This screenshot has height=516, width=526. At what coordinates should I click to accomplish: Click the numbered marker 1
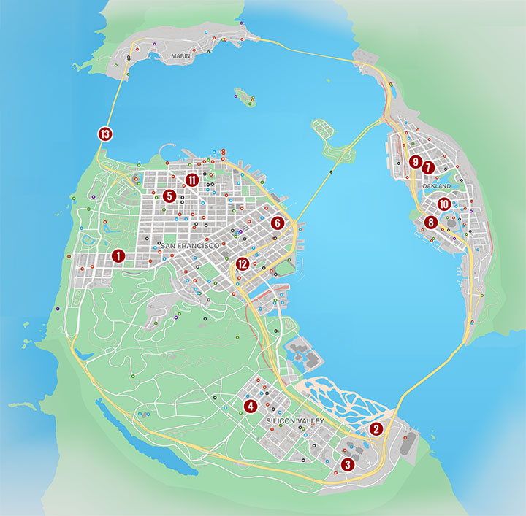click(x=118, y=255)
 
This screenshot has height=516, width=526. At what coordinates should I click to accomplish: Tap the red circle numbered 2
click(x=376, y=429)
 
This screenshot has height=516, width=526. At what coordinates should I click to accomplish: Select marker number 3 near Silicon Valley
click(x=347, y=464)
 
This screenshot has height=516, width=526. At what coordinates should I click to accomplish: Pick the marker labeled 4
click(x=250, y=406)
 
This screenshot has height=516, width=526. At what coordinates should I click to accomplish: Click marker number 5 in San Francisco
click(x=169, y=196)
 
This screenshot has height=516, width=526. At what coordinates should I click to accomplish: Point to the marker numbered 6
click(x=277, y=223)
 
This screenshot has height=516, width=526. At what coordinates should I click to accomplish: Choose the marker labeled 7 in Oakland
click(x=428, y=167)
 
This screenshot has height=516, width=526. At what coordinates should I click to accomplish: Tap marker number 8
click(x=431, y=222)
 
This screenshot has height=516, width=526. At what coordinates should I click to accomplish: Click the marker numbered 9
click(x=415, y=161)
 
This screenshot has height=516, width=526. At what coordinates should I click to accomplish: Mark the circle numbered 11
click(x=192, y=180)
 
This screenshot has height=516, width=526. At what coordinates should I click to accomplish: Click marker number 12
click(x=243, y=264)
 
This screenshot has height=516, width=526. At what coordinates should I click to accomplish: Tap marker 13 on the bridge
click(x=107, y=134)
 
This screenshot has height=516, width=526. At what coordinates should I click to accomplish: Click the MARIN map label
click(x=180, y=55)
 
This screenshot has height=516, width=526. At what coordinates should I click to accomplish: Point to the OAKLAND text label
click(x=437, y=187)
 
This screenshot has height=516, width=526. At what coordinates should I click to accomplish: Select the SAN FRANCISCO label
click(x=190, y=246)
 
